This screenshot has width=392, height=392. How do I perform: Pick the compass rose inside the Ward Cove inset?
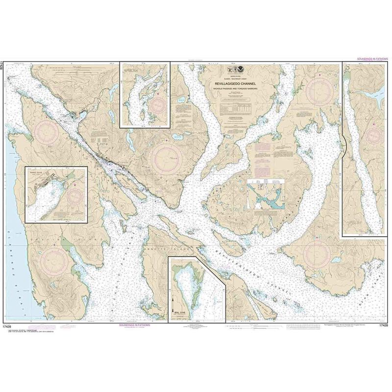pos(75,196)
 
